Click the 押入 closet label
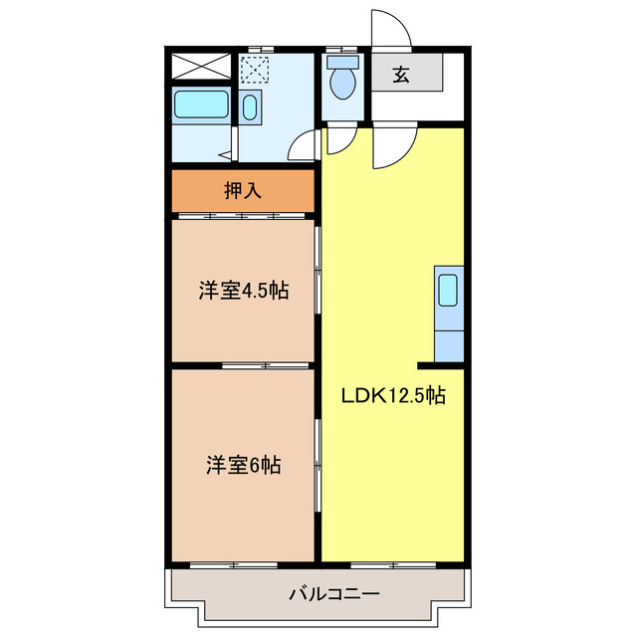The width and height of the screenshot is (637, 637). [243, 191]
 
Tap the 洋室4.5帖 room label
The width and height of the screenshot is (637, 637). [243, 292]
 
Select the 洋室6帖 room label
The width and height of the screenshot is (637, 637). [243, 465]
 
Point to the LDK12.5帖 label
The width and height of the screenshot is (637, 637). [393, 396]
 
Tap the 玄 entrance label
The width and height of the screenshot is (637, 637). [400, 74]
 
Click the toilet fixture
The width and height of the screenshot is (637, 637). [344, 80]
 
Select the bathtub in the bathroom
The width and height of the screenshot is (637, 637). [202, 106]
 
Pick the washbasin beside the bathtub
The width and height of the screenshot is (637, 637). [249, 107]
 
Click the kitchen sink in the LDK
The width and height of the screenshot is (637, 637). [448, 289]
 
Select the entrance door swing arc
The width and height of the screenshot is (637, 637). [390, 28]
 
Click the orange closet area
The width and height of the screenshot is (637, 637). [243, 191]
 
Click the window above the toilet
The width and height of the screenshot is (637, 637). [344, 49]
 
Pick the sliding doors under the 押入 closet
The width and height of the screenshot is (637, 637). [243, 215]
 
